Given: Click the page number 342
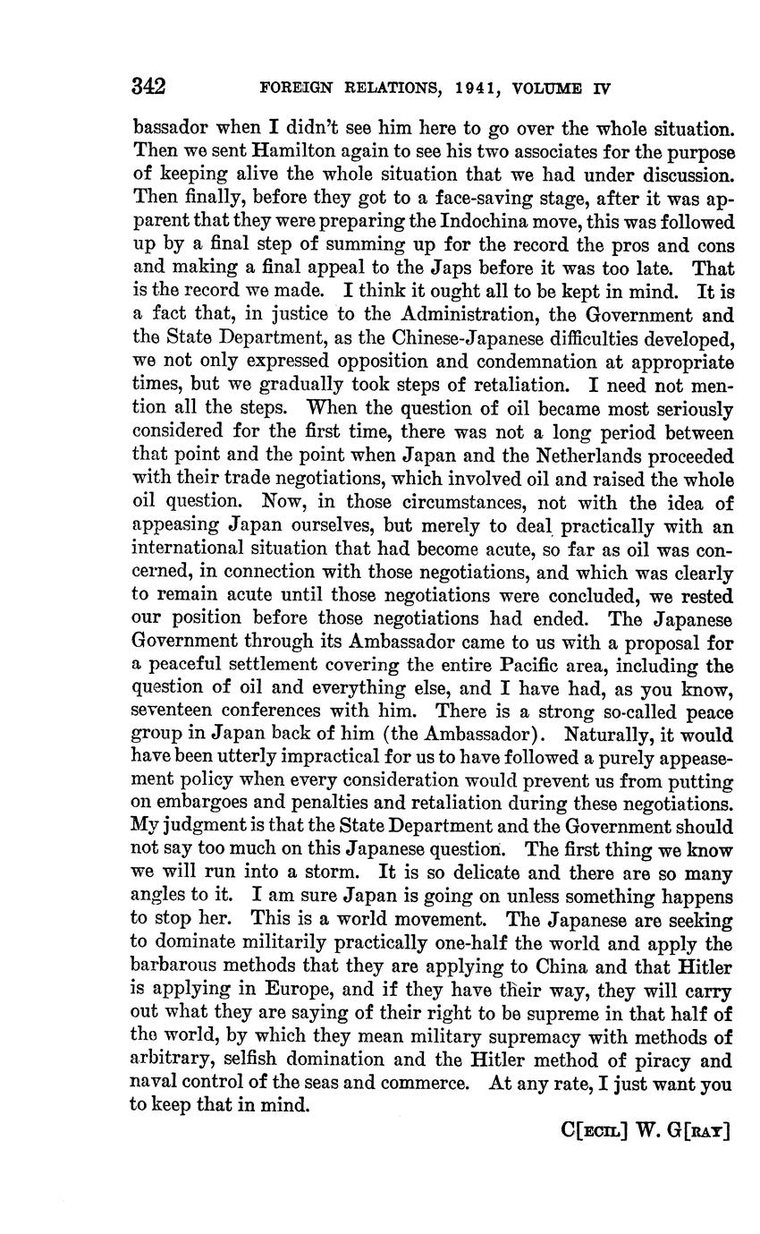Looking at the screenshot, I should click(x=148, y=87).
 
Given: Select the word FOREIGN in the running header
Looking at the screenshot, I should click(x=297, y=89).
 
